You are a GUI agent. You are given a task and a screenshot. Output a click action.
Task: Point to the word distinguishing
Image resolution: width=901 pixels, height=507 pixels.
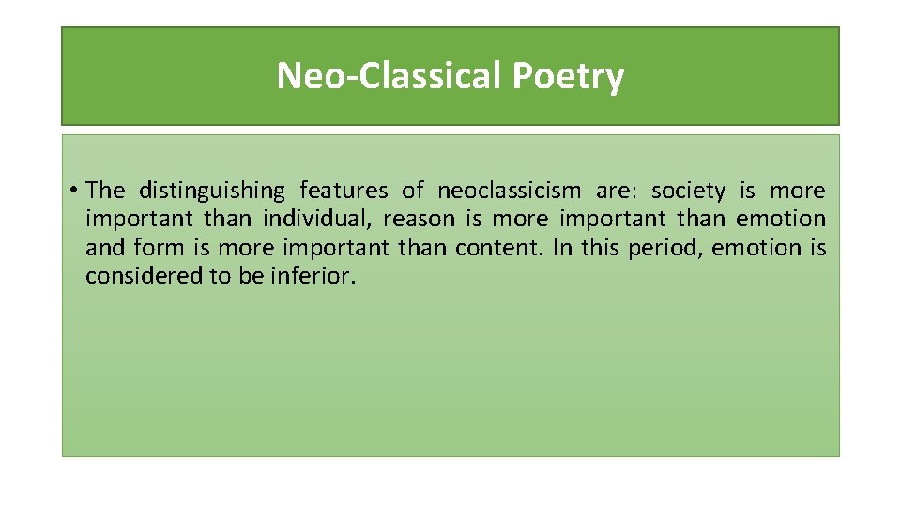pyautogui.click(x=211, y=192)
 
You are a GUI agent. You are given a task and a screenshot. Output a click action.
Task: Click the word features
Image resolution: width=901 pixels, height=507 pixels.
pyautogui.click(x=344, y=191)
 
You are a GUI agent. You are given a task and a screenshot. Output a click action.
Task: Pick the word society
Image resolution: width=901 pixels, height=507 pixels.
pyautogui.click(x=688, y=192)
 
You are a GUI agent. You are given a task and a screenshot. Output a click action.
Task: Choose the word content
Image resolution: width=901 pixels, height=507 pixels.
pyautogui.click(x=496, y=248)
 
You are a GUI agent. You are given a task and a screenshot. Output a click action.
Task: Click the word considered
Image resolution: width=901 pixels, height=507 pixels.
pyautogui.click(x=136, y=276)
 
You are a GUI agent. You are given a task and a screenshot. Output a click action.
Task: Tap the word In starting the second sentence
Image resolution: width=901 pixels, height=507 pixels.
pyautogui.click(x=561, y=248)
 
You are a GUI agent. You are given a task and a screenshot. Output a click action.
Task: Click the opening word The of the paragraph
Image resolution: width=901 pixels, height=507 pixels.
pyautogui.click(x=105, y=191)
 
